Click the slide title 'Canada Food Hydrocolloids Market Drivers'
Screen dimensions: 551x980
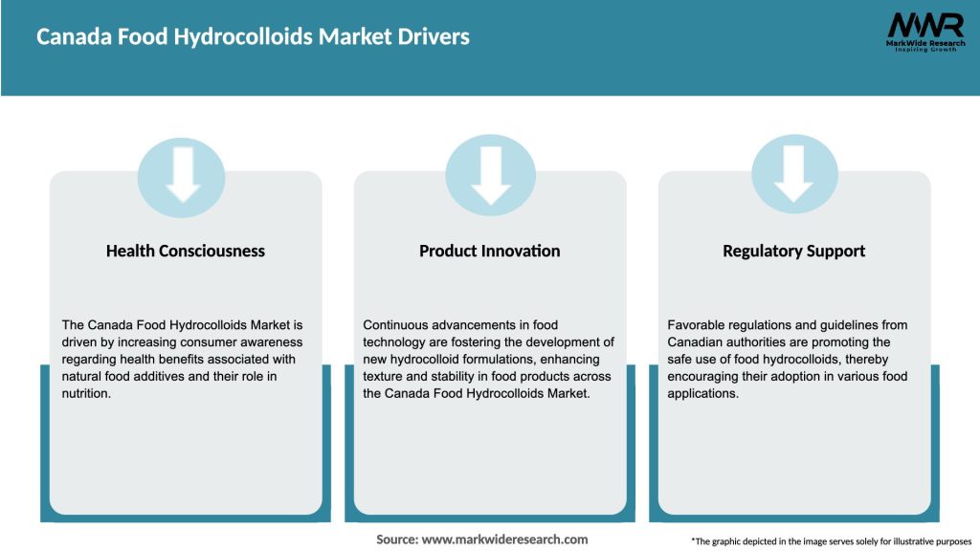[253, 37]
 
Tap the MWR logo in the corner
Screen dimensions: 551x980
[925, 26]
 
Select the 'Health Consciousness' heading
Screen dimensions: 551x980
[186, 251]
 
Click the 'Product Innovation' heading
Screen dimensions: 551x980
[490, 251]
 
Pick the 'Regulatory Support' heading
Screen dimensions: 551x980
[794, 251]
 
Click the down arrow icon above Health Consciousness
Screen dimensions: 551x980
[182, 175]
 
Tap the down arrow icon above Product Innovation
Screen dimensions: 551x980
[490, 175]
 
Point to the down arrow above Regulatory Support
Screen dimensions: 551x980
[794, 175]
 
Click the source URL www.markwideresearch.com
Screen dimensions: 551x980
[504, 540]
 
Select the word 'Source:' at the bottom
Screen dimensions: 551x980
[397, 540]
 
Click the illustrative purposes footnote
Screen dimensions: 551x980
[831, 541]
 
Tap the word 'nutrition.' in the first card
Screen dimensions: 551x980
[87, 393]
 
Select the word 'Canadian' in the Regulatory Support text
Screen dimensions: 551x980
[697, 342]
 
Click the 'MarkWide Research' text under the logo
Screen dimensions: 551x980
[924, 43]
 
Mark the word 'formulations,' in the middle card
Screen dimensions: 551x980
[496, 360]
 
